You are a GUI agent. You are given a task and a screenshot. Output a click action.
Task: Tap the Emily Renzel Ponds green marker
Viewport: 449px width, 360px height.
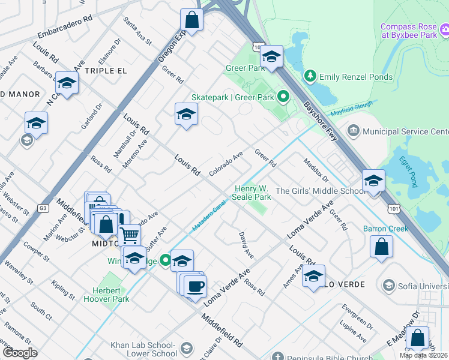coord(310,76)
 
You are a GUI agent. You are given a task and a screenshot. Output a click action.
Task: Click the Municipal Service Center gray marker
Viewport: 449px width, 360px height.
coord(352,131)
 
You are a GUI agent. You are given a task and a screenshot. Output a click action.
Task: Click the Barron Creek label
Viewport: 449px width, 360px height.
coord(385,229)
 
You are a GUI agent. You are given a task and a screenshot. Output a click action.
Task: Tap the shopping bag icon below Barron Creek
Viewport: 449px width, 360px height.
coord(381,246)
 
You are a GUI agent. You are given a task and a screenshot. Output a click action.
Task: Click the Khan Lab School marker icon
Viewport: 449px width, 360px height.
coord(187,349)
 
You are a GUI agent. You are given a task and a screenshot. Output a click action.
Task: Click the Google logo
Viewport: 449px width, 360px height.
coord(20,353)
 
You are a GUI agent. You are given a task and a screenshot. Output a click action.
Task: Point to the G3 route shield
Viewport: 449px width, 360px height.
coord(43,208)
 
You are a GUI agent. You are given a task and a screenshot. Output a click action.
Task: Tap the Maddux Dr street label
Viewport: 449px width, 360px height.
coord(316,170)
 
